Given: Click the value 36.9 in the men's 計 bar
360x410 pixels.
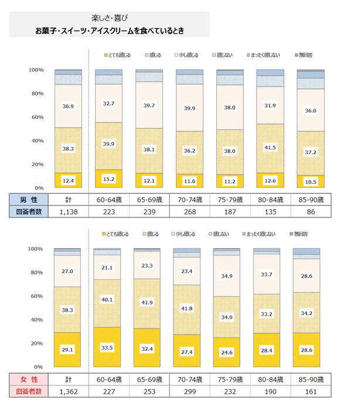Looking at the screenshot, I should [x=67, y=106].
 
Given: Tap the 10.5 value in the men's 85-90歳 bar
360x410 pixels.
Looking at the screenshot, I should [x=311, y=182].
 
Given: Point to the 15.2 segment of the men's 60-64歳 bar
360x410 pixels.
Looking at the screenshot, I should [x=108, y=179].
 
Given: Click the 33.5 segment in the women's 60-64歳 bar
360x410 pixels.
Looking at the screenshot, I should [x=108, y=347].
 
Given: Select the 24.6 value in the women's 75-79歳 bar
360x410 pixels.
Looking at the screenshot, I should [x=230, y=353].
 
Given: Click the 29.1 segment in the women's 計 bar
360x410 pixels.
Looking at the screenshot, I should [x=67, y=350].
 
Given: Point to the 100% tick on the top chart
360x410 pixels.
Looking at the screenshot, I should [x=36, y=70].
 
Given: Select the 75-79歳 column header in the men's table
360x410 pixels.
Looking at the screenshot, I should [x=230, y=199].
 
